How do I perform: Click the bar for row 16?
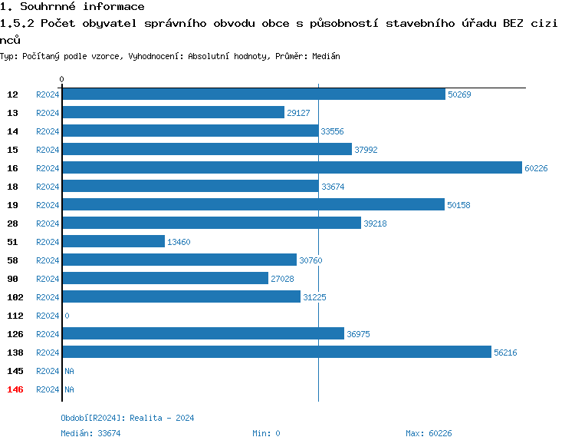pyautogui.click(x=291, y=168)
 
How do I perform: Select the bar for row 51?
pyautogui.click(x=113, y=242)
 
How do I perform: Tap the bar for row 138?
pyautogui.click(x=276, y=353)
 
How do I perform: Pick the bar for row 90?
pyautogui.click(x=165, y=279)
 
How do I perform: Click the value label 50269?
pyautogui.click(x=459, y=94)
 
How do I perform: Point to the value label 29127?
pyautogui.click(x=298, y=113)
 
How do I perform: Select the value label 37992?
pyautogui.click(x=366, y=150)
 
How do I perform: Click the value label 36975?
pyautogui.click(x=358, y=334)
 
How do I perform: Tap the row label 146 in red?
pyautogui.click(x=15, y=389)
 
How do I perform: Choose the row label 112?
pyautogui.click(x=15, y=316)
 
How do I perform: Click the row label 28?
pyautogui.click(x=13, y=223)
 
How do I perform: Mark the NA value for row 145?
pyautogui.click(x=69, y=371)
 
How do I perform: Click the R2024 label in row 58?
pyautogui.click(x=48, y=260)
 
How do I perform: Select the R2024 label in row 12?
pyautogui.click(x=48, y=94)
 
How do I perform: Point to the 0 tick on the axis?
pyautogui.click(x=62, y=79)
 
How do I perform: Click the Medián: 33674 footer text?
pyautogui.click(x=90, y=433)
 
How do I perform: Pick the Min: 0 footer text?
pyautogui.click(x=266, y=433)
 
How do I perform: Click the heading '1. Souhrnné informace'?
pyautogui.click(x=72, y=7)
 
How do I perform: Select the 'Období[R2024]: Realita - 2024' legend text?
pyautogui.click(x=127, y=418)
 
